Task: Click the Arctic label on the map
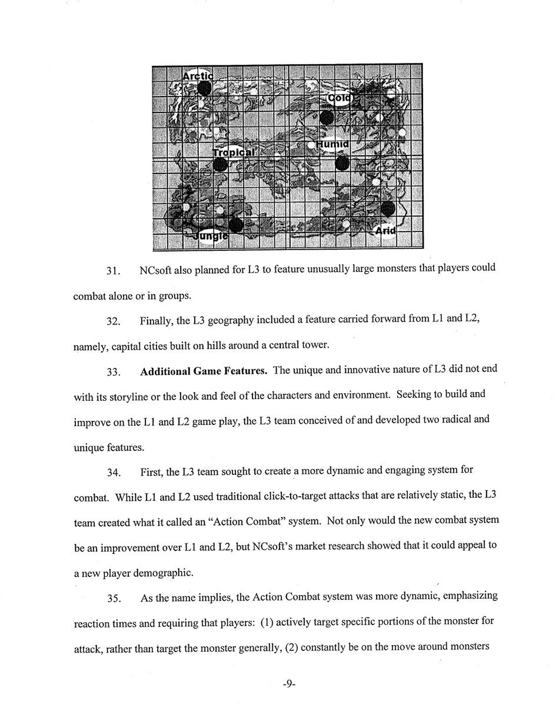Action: click(x=197, y=76)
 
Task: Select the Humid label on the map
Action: click(x=333, y=144)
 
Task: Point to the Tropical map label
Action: click(x=234, y=152)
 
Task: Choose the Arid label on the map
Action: click(x=385, y=231)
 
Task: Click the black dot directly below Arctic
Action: click(x=204, y=89)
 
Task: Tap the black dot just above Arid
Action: click(x=387, y=208)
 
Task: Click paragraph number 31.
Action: click(x=113, y=271)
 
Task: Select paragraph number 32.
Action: click(x=113, y=322)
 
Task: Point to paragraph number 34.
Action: click(x=113, y=473)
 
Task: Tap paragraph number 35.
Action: click(x=113, y=599)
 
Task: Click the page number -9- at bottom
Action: click(x=288, y=683)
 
